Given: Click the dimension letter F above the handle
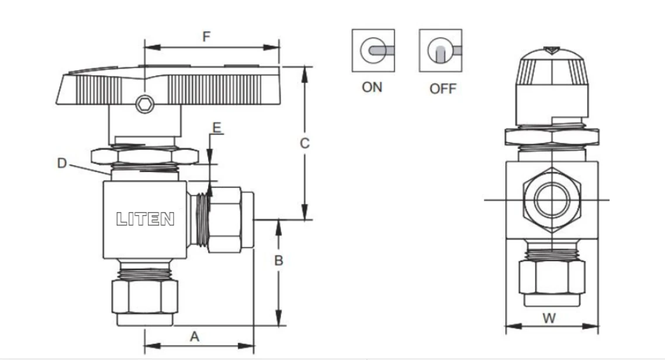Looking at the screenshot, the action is coord(206,36).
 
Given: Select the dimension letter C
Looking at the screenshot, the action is coord(304,143).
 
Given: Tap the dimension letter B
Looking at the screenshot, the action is coord(279,260).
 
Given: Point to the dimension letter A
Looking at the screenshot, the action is coord(195,337).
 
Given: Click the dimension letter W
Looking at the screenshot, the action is coord(549,318).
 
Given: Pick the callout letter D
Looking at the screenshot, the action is coord(62,163).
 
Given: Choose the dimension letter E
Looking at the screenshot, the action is coord(217,127).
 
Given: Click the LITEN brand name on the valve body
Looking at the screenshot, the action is coord(145,219).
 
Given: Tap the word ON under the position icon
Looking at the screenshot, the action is coord(372,87).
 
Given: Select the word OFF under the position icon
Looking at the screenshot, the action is coord(443,89).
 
